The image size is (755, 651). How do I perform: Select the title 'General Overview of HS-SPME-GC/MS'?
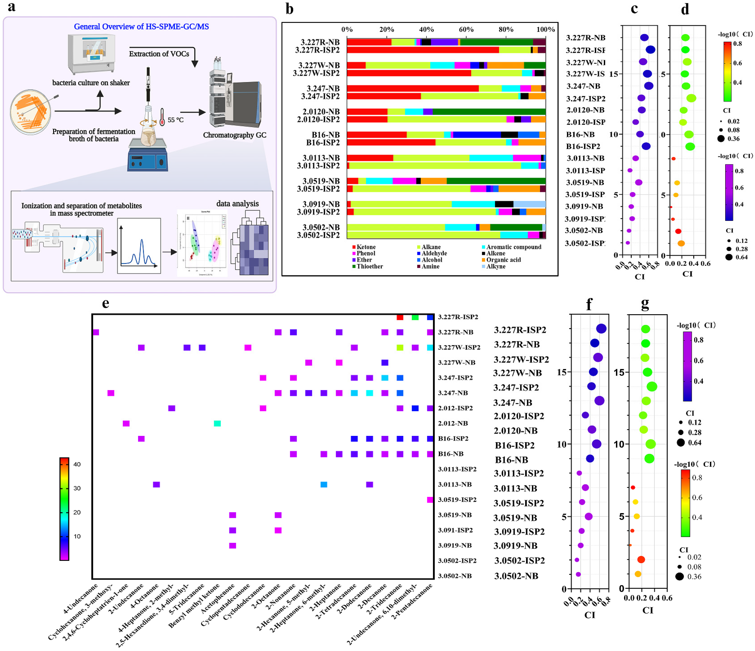click(141, 27)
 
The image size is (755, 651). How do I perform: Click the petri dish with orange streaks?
click(31, 112)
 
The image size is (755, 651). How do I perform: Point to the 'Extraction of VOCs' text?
click(159, 54)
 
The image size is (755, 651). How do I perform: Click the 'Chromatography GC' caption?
click(235, 135)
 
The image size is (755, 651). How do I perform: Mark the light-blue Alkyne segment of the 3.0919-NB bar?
click(529, 204)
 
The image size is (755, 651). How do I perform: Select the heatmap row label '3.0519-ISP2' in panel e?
click(457, 500)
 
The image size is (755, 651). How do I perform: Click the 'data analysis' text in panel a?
click(238, 204)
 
